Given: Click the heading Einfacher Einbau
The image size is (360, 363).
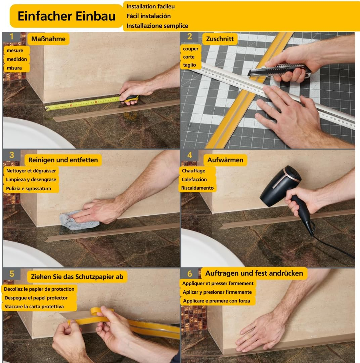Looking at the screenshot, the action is point(66,16).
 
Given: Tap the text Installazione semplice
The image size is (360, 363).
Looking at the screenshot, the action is point(157,26).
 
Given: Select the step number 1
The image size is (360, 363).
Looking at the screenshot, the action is point(11,37).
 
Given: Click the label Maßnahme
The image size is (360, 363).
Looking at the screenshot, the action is point(48,39).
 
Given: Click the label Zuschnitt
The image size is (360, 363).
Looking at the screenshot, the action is point(220,39).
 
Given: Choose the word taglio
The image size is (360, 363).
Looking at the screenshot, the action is point(189,65).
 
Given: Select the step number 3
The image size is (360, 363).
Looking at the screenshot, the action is point(11,155).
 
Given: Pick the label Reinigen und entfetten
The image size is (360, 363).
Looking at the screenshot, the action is point(63,160).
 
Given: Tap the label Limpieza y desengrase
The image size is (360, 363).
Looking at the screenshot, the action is point(31,179).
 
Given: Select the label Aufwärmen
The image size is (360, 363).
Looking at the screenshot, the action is point(225,160).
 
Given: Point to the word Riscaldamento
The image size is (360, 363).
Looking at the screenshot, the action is point(197,188).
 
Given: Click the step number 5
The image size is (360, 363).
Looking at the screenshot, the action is point(12,274).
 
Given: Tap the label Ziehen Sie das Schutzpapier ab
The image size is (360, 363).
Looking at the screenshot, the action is point(77,277).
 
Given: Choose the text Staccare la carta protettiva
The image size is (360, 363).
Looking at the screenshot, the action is point(34,307).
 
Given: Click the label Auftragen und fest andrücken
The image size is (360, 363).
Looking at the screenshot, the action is point(254,273).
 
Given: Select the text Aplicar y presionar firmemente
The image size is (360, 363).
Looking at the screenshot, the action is point(217,292).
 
